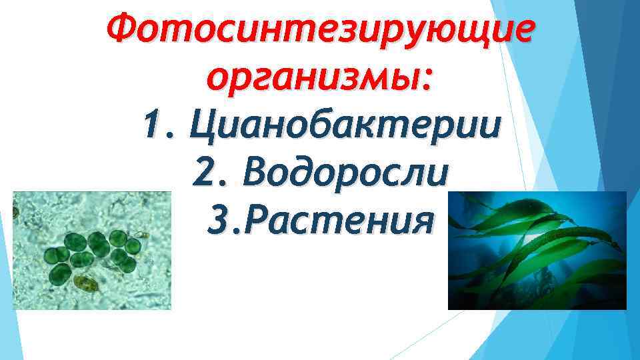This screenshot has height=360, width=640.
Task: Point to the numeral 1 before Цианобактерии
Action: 152,126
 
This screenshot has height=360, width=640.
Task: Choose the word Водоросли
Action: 347,173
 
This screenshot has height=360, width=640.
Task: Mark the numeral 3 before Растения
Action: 217,220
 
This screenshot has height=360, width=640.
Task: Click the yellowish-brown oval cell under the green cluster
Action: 85,283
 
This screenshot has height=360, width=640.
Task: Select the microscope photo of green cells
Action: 92,250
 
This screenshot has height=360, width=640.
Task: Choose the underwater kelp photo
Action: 537,250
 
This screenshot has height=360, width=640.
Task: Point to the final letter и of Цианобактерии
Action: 490,127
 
